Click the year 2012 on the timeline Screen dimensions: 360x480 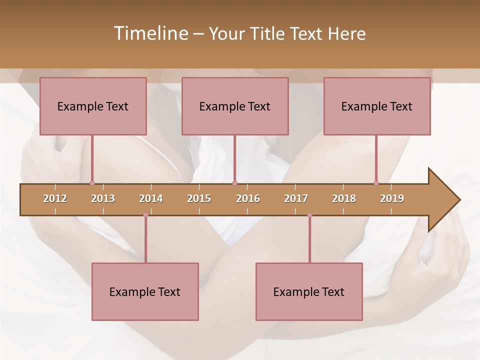pos(55,198)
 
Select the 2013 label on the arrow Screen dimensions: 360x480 pos(103,198)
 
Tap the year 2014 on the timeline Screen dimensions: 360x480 pos(151,198)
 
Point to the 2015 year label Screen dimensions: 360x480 pos(199,198)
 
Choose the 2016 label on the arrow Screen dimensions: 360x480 pos(248,198)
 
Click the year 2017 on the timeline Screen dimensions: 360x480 pos(296,198)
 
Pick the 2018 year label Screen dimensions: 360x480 pos(344,198)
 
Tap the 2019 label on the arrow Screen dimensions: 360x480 pos(392,198)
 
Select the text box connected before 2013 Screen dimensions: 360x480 pos(93,106)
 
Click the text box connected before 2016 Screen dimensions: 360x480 pos(235,106)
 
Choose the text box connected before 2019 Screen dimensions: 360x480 pos(377,106)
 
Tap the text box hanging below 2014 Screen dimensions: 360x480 pos(145,291)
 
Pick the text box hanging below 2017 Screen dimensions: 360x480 pos(309,291)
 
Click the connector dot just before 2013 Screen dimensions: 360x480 pos(92,183)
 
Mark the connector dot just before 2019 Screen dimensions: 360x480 pos(376,183)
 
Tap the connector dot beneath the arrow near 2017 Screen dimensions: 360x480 pos(309,215)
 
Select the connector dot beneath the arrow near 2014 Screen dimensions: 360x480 pos(145,215)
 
